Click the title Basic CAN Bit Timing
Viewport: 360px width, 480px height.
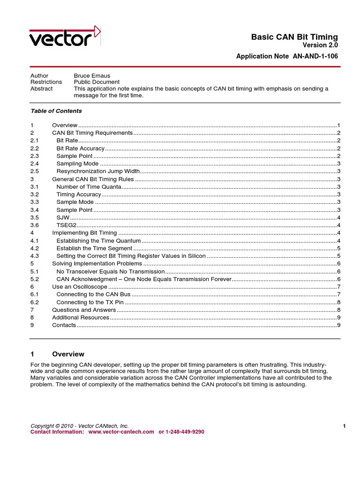pyautogui.click(x=294, y=37)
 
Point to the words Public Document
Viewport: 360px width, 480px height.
pyautogui.click(x=97, y=82)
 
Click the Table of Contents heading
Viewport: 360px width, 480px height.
pyautogui.click(x=56, y=111)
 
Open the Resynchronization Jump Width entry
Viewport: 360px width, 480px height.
pyautogui.click(x=98, y=171)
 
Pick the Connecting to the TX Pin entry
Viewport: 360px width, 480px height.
pyautogui.click(x=90, y=302)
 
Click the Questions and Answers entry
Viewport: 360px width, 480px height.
pyautogui.click(x=83, y=310)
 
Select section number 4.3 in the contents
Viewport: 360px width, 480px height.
pyautogui.click(x=34, y=256)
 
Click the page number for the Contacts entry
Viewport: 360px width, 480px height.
pyautogui.click(x=338, y=325)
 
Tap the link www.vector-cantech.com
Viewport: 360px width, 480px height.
pyautogui.click(x=121, y=432)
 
